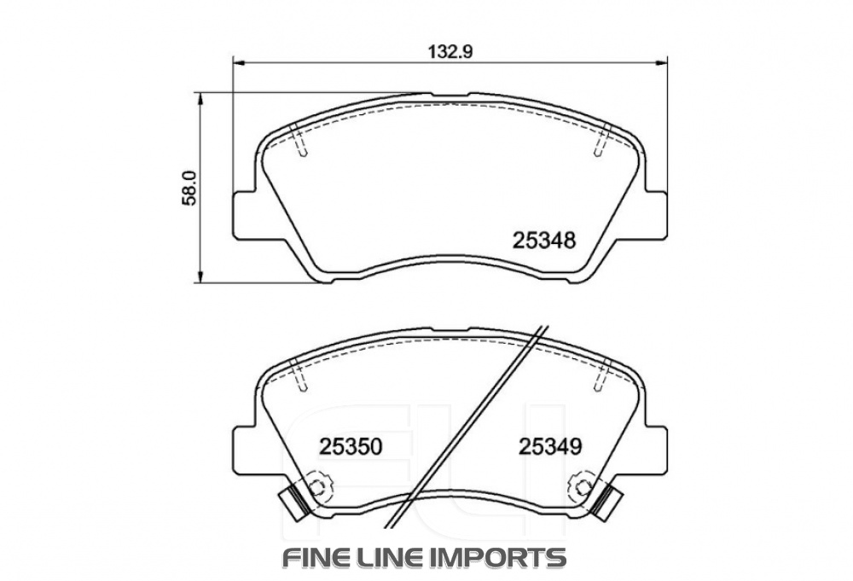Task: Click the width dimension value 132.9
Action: (x=450, y=50)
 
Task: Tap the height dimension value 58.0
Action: (x=190, y=187)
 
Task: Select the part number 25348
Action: (x=546, y=241)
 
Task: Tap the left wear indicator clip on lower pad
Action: (x=293, y=502)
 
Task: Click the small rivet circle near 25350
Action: (x=318, y=489)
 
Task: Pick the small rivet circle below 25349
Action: (x=583, y=489)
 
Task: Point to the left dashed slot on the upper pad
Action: (x=299, y=142)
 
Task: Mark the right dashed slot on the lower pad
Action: (x=602, y=375)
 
